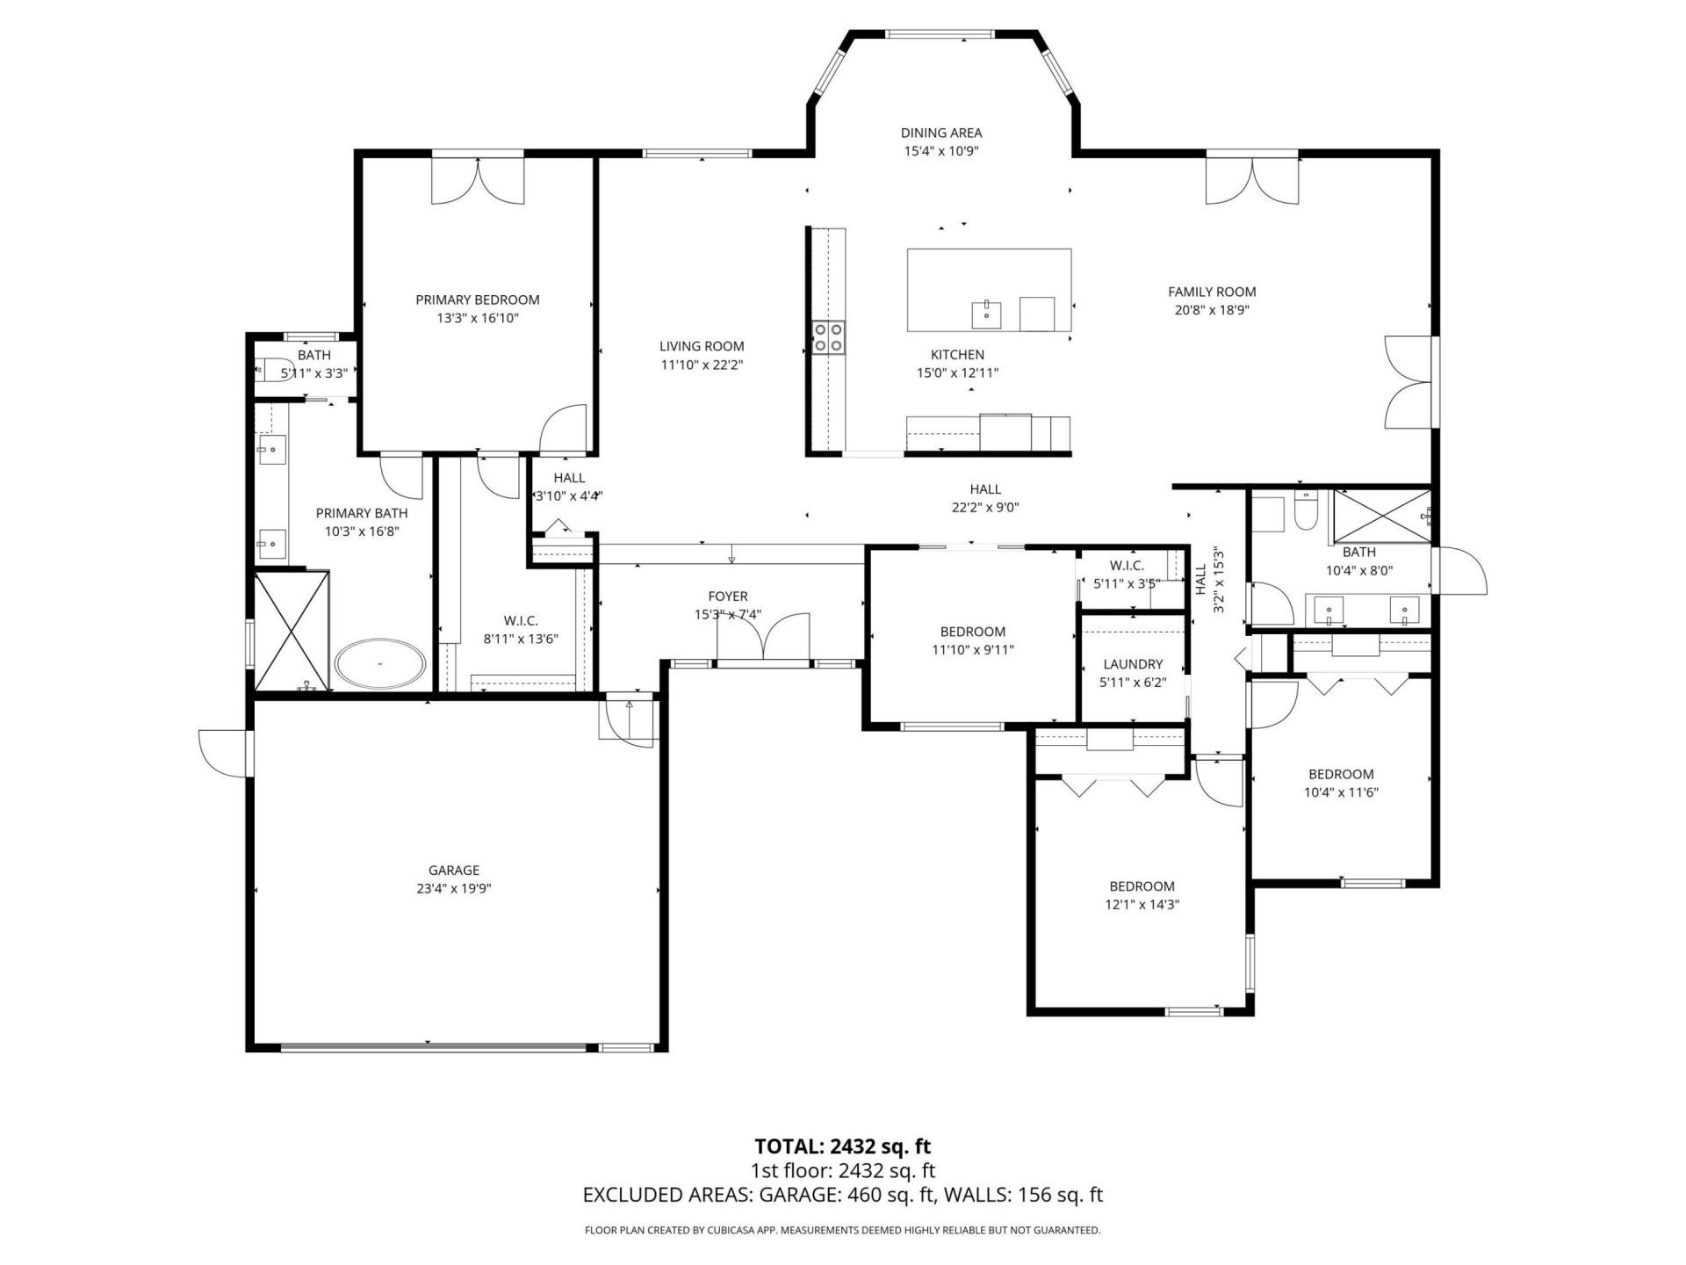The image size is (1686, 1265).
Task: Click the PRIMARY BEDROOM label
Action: (477, 300)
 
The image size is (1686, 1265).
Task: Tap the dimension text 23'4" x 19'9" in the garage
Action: (453, 888)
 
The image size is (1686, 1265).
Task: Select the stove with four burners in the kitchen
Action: (828, 337)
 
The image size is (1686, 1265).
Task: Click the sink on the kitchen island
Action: (987, 313)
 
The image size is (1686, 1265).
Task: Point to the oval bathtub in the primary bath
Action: (381, 663)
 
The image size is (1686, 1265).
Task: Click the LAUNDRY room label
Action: (1133, 664)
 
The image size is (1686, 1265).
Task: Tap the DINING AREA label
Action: (941, 133)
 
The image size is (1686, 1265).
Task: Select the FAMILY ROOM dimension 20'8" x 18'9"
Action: (1212, 310)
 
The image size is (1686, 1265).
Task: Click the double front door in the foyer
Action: (763, 640)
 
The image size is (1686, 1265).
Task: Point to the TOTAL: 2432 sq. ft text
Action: (842, 1146)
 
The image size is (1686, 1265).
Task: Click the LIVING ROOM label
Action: (702, 346)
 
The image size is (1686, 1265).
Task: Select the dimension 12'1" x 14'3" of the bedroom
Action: (1142, 904)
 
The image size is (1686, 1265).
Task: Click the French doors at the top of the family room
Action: (1251, 180)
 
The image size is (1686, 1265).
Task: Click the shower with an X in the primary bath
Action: (292, 629)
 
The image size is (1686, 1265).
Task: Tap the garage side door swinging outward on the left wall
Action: (224, 753)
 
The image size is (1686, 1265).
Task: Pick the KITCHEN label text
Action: (957, 355)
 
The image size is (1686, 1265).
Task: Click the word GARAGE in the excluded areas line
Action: (796, 1195)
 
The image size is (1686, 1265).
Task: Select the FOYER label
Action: (728, 596)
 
